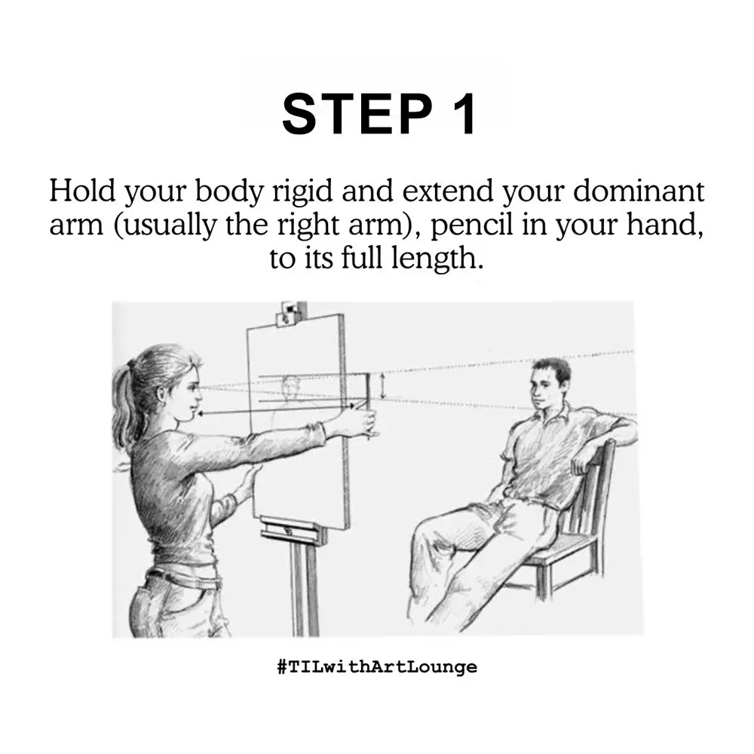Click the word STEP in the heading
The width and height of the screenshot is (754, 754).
tap(357, 115)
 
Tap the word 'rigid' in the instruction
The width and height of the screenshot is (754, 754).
tap(302, 192)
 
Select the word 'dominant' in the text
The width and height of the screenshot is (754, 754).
tap(639, 191)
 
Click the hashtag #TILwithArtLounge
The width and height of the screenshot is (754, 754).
tap(377, 667)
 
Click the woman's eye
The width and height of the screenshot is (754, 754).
tap(192, 386)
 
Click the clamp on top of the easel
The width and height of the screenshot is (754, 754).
tap(291, 314)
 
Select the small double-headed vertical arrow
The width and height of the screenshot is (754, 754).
tap(383, 385)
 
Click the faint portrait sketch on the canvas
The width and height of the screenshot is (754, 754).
tap(291, 390)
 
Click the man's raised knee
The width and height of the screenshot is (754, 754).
tap(430, 529)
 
